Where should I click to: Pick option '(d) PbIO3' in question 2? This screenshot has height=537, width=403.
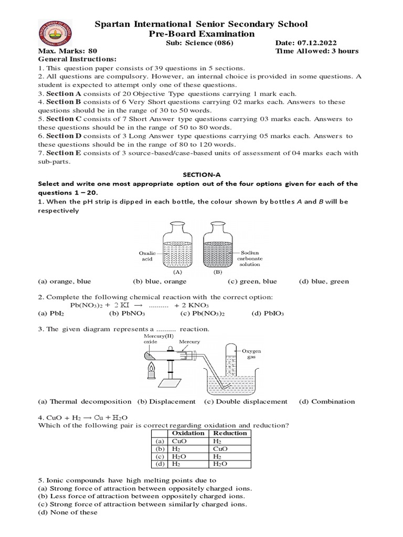(268, 314)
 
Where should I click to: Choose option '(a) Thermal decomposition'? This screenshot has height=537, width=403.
(84, 402)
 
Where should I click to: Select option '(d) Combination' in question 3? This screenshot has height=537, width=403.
(327, 402)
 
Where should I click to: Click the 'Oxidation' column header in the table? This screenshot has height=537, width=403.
(188, 433)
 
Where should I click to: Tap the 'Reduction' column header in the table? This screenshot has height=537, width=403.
(230, 433)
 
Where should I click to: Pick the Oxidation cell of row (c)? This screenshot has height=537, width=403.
(179, 457)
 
